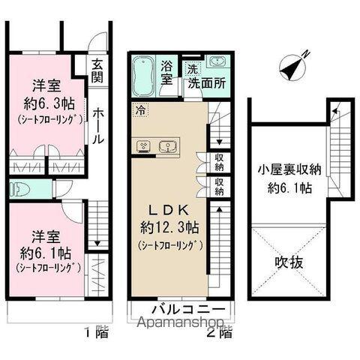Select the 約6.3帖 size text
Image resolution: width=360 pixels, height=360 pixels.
click(x=46, y=103)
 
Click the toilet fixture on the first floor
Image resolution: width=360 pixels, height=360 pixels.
click(x=20, y=188)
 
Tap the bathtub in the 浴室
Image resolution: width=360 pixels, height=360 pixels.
click(x=144, y=76)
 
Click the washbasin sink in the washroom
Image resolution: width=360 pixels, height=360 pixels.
click(x=218, y=62)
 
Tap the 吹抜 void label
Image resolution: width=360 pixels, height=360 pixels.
click(x=287, y=265)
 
